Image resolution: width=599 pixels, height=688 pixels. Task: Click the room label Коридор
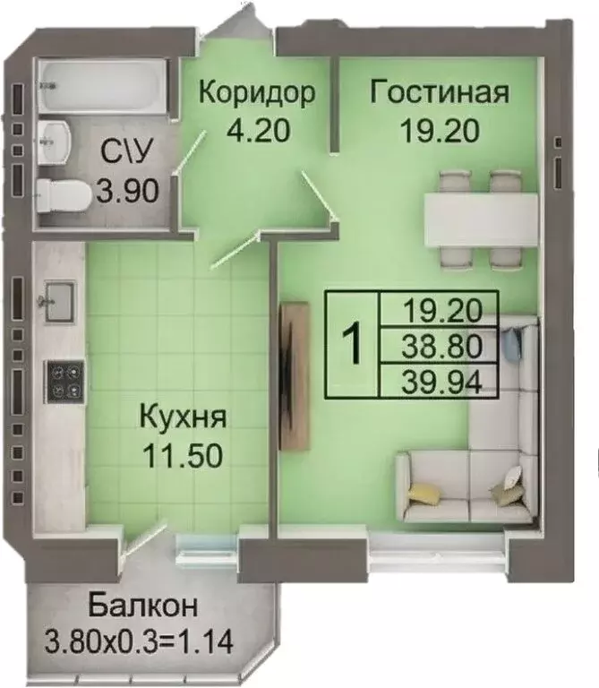pyautogui.click(x=257, y=93)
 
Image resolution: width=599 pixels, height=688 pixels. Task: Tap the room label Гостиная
pyautogui.click(x=440, y=93)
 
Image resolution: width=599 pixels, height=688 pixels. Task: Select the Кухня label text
pyautogui.click(x=183, y=417)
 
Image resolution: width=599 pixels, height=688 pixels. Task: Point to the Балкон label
pyautogui.click(x=143, y=606)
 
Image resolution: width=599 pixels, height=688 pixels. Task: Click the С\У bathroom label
pyautogui.click(x=123, y=152)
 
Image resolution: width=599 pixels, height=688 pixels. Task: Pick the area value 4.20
pyautogui.click(x=258, y=132)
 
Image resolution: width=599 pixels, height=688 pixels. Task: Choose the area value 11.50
pyautogui.click(x=183, y=455)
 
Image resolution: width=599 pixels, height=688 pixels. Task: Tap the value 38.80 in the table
pyautogui.click(x=438, y=345)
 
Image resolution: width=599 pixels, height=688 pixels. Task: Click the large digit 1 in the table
pyautogui.click(x=354, y=345)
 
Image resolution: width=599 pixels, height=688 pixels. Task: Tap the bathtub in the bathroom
pyautogui.click(x=100, y=86)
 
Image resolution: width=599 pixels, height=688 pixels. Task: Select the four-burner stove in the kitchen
pyautogui.click(x=64, y=381)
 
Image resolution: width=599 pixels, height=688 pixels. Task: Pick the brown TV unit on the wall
pyautogui.click(x=293, y=376)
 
